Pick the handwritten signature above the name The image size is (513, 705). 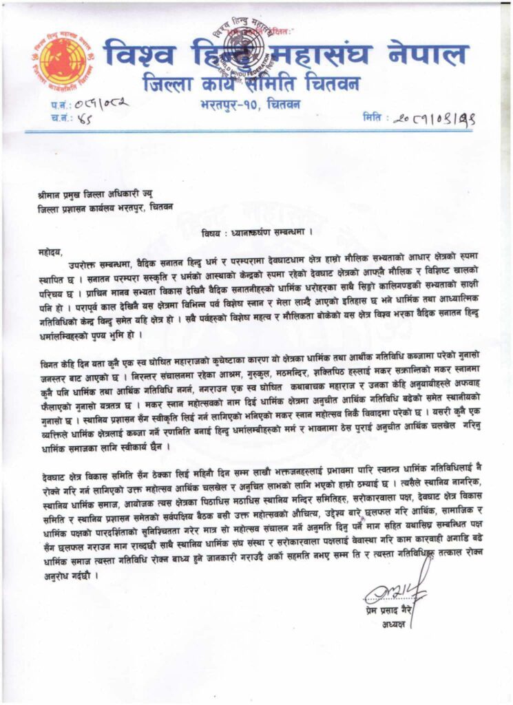395,591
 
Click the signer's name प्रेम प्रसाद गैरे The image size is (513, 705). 390,612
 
